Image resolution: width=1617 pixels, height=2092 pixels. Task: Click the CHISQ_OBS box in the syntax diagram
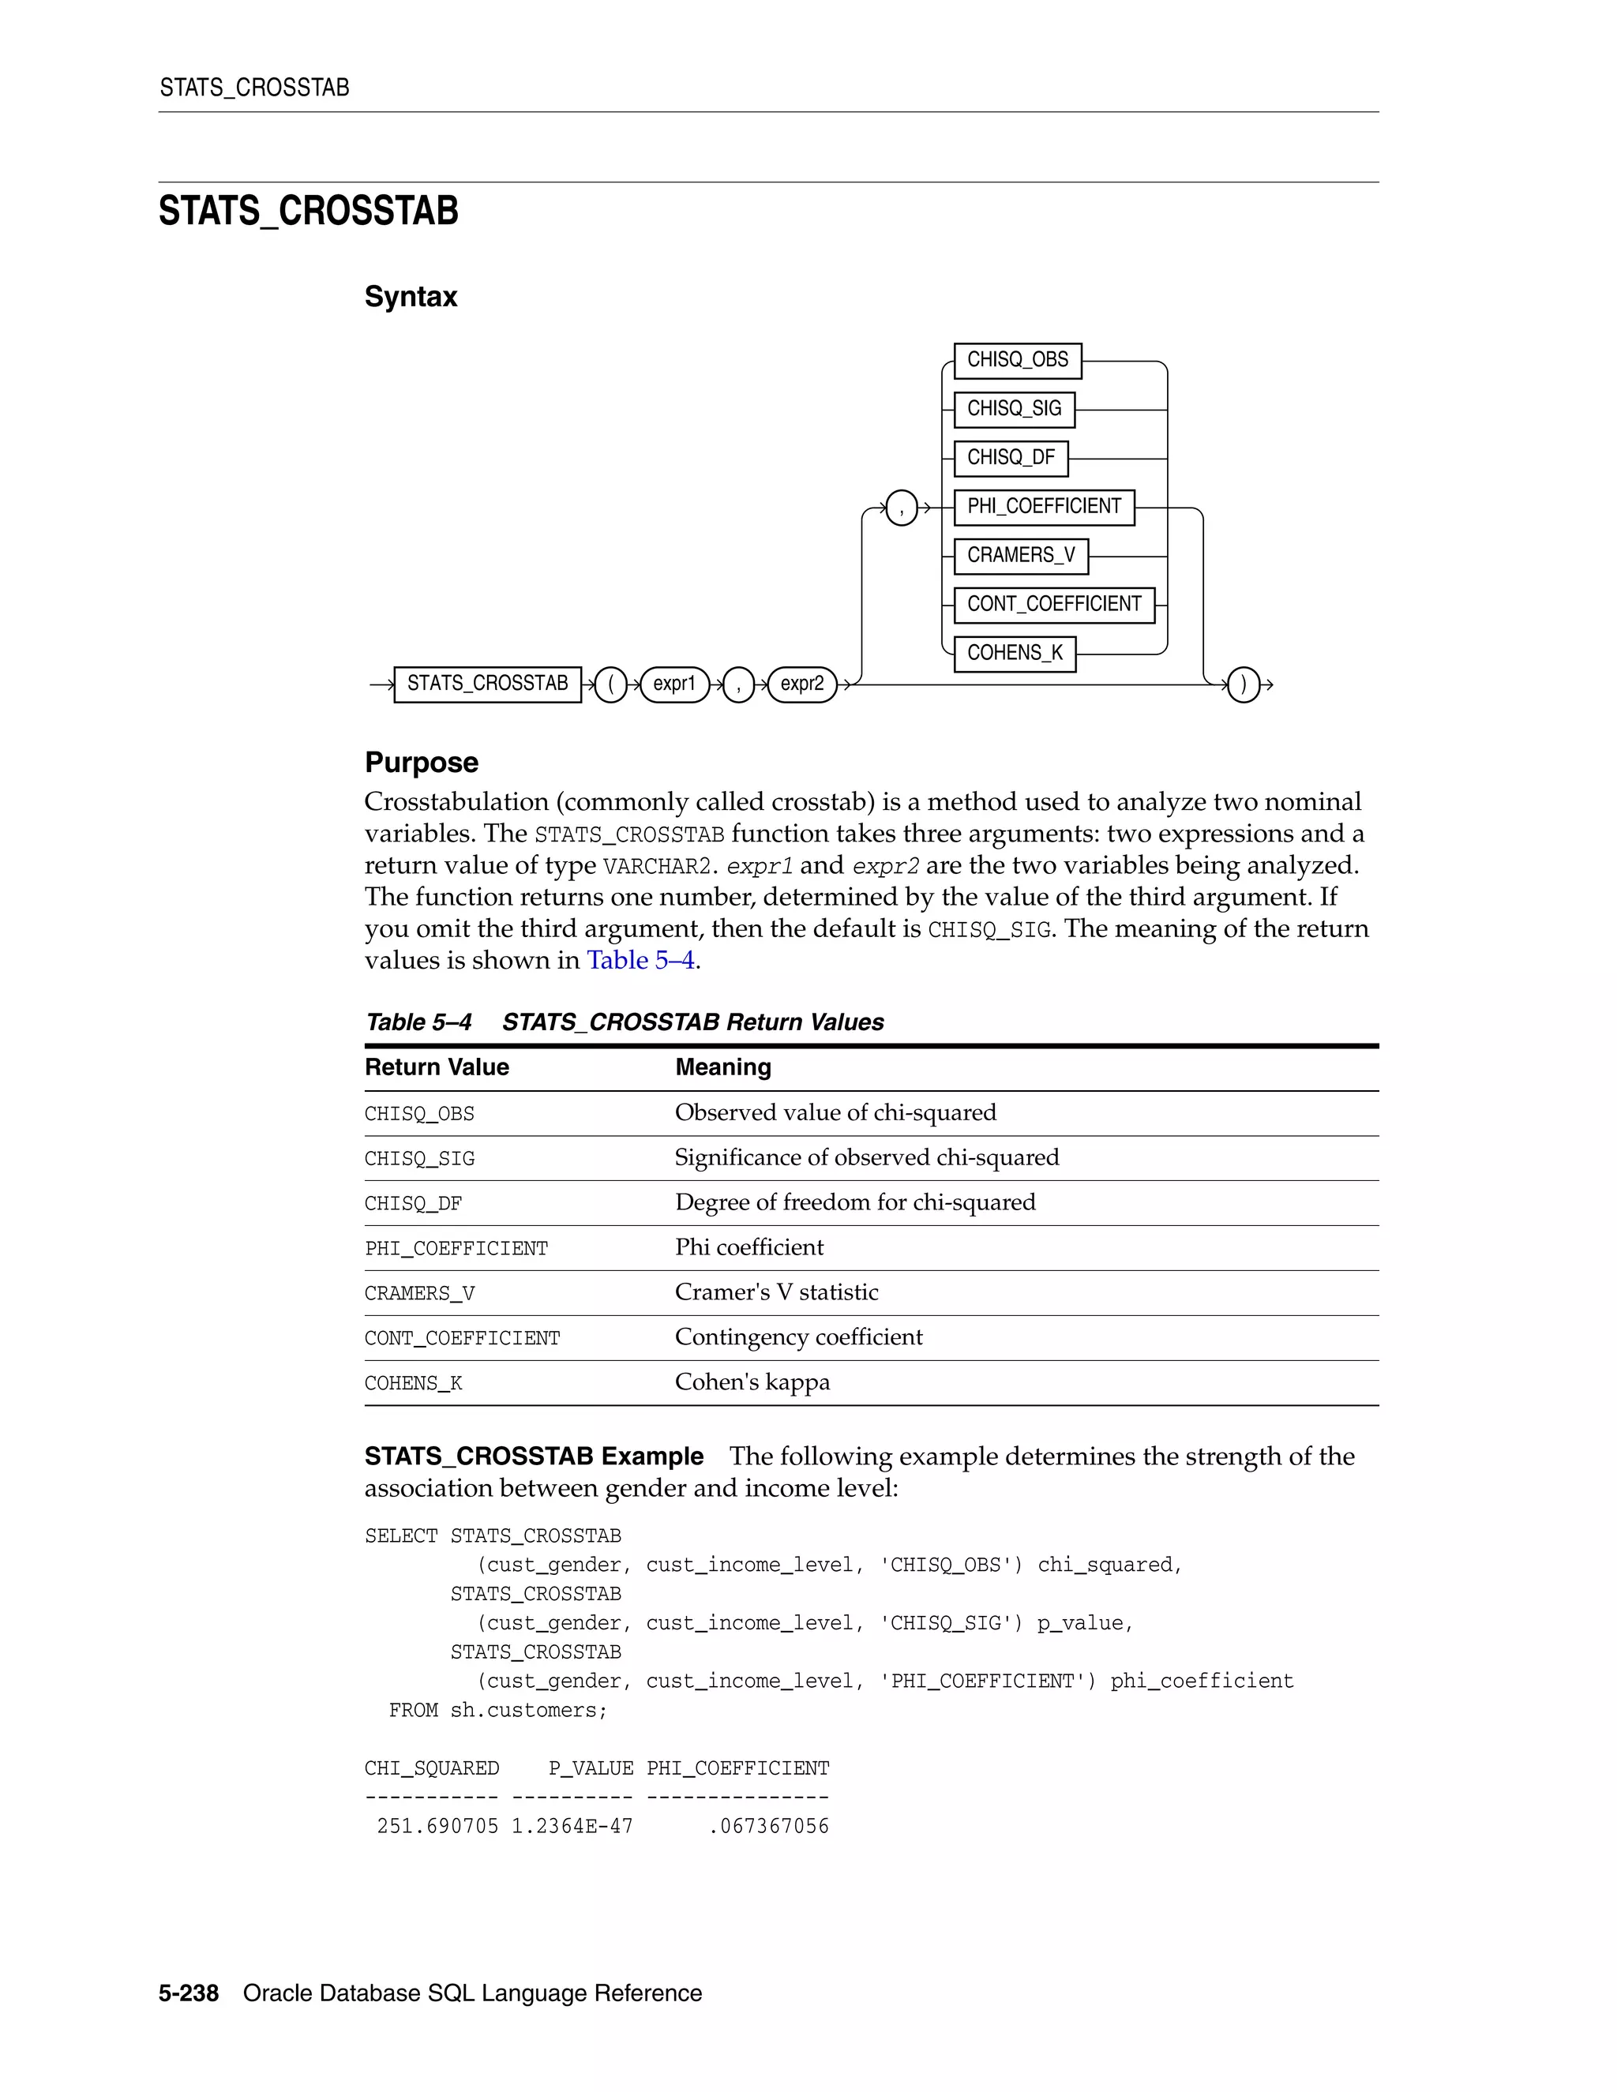tap(1017, 360)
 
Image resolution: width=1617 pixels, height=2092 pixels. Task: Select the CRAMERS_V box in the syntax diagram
tap(1020, 556)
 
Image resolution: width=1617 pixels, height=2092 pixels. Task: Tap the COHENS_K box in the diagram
tap(1015, 654)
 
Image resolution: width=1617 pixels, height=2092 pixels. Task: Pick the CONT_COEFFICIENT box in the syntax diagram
tap(1054, 605)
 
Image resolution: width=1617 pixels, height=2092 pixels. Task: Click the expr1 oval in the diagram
tap(674, 684)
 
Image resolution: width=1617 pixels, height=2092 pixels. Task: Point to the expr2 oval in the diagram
tap(802, 684)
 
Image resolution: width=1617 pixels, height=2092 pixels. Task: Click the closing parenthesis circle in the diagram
tap(1243, 685)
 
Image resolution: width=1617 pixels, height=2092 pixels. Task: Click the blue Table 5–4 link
tap(640, 960)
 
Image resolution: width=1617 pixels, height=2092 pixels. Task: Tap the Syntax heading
tap(410, 297)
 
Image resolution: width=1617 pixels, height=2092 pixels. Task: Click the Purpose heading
tap(421, 763)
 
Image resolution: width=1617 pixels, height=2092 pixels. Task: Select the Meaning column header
tap(722, 1067)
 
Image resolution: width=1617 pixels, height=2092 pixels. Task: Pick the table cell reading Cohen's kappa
tap(752, 1382)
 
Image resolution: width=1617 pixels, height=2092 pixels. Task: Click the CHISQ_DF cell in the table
tap(413, 1204)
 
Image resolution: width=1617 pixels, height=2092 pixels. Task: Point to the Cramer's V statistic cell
tap(776, 1292)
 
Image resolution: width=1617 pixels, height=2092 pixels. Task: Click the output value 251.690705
tap(437, 1827)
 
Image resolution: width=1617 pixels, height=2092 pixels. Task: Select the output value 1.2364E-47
tap(572, 1827)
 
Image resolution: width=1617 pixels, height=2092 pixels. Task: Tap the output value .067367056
tap(768, 1827)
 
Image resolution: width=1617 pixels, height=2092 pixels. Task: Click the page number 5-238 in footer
tap(189, 1993)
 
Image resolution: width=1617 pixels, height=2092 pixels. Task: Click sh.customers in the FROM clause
tap(528, 1711)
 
